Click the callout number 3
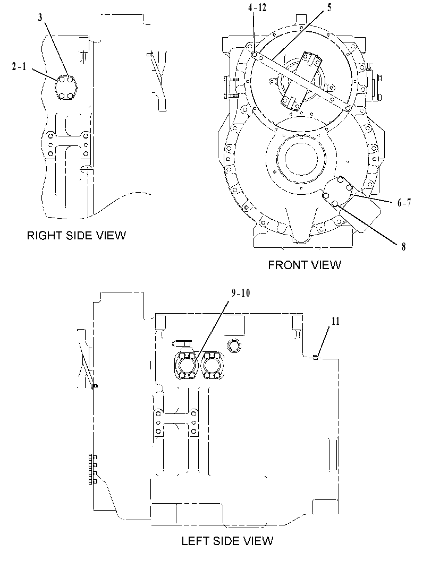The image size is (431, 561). pos(40,18)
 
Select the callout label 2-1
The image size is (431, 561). pos(19,66)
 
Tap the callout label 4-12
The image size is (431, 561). pos(257,7)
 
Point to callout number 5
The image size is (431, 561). pos(329,7)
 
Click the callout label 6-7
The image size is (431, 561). pos(404,203)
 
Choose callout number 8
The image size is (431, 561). pos(403,246)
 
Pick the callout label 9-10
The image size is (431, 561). pos(241,293)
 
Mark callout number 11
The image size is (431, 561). pos(335,321)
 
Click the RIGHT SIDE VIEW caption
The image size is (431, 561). pos(77,236)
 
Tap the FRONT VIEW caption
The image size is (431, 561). pos(305,265)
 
